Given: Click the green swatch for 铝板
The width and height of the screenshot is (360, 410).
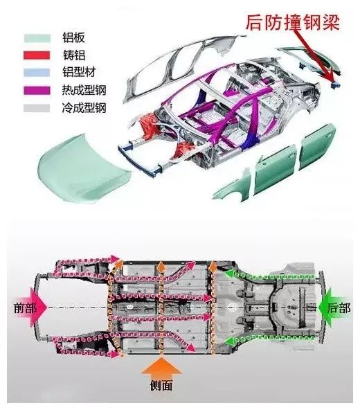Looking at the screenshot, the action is [37, 38].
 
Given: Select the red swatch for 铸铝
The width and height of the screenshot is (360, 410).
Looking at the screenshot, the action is [37, 55].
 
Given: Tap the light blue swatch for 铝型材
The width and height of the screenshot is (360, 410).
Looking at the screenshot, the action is [37, 73].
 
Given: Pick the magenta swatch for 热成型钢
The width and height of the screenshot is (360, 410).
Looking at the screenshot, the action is [37, 90].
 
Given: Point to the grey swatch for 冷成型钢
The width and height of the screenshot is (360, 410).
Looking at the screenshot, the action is [37, 108].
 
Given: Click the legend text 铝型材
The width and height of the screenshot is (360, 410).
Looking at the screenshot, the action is [79, 72].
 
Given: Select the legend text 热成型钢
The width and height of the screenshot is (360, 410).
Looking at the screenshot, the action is [84, 90].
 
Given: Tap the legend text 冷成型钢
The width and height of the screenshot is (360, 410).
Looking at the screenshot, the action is [84, 107].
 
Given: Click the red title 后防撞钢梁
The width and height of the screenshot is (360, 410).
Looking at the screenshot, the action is [293, 22].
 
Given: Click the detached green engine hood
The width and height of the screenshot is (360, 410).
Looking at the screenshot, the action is [84, 167].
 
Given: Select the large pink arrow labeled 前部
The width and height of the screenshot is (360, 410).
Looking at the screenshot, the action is [39, 307].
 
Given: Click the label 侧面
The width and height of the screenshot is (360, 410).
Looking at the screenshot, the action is [161, 386].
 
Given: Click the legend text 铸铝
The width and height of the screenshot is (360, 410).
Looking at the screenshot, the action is [73, 55].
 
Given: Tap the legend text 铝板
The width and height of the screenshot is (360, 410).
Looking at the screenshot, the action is [73, 37].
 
